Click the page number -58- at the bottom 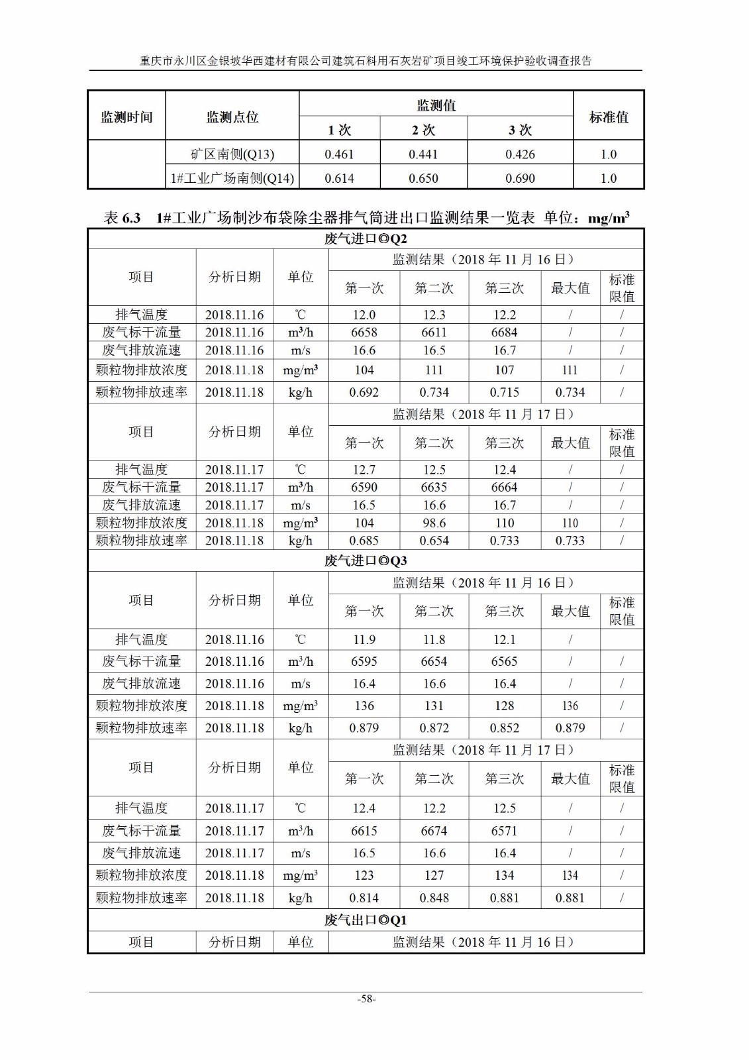tap(366, 999)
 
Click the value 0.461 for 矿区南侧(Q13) tap(339, 154)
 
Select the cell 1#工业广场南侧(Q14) tap(232, 178)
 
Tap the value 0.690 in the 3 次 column tap(520, 178)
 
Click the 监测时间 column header tap(126, 117)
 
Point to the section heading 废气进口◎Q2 tap(366, 238)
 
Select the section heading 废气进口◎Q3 tap(366, 560)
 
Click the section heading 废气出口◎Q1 tap(366, 920)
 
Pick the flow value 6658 tap(364, 333)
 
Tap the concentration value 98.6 tap(434, 523)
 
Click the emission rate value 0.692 tap(364, 392)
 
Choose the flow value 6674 tap(434, 831)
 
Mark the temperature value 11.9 tap(364, 639)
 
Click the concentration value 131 tap(434, 706)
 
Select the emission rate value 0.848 tap(434, 898)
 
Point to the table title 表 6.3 tap(123, 217)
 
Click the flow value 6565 tap(505, 661)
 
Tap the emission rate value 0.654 tap(434, 541)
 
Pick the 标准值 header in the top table tap(608, 117)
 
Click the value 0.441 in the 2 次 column tap(423, 154)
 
